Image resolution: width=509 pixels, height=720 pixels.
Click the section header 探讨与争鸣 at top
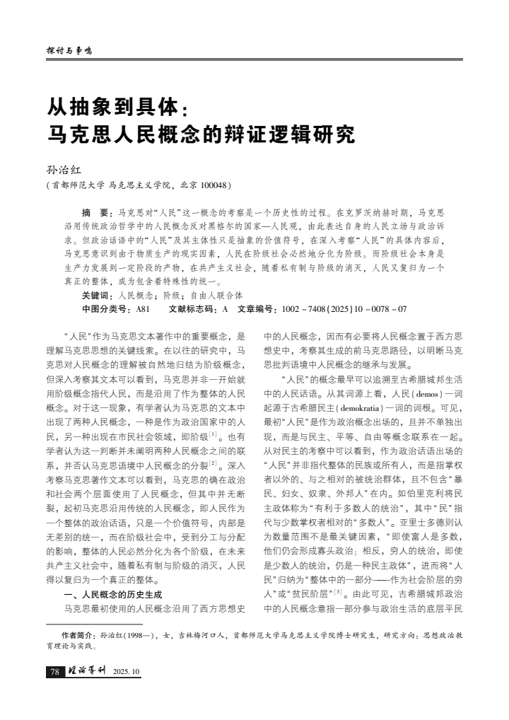[69, 51]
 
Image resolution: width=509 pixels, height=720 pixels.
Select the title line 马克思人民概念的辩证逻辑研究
[199, 134]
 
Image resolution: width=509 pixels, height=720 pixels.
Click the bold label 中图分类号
[106, 309]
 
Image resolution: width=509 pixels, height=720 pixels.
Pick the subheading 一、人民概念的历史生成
[114, 594]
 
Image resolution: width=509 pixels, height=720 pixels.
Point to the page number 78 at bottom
[54, 671]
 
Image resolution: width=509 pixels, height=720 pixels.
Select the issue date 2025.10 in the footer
[127, 672]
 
